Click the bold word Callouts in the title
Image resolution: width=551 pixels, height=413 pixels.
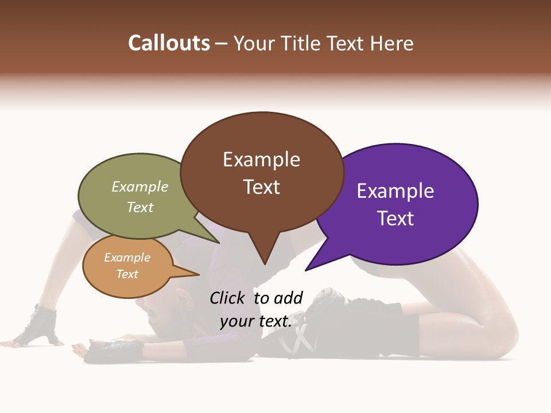tap(169, 43)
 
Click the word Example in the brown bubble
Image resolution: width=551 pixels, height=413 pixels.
tap(261, 159)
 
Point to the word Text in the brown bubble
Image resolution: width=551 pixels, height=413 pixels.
tap(261, 187)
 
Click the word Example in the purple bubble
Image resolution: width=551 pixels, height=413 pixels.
tap(395, 191)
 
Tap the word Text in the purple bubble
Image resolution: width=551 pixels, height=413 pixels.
tap(395, 219)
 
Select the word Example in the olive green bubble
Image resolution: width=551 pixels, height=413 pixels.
tap(139, 187)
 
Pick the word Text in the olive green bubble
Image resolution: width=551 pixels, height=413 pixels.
tap(139, 207)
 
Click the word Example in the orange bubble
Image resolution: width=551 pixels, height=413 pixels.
tap(127, 258)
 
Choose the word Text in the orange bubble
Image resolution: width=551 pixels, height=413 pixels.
tap(127, 274)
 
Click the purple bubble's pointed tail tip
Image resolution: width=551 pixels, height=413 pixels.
tap(306, 270)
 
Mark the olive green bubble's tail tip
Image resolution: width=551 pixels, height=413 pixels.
tap(219, 243)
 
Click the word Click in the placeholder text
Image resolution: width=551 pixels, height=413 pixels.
tap(228, 298)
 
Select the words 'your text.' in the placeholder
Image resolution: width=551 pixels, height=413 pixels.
tap(255, 321)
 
